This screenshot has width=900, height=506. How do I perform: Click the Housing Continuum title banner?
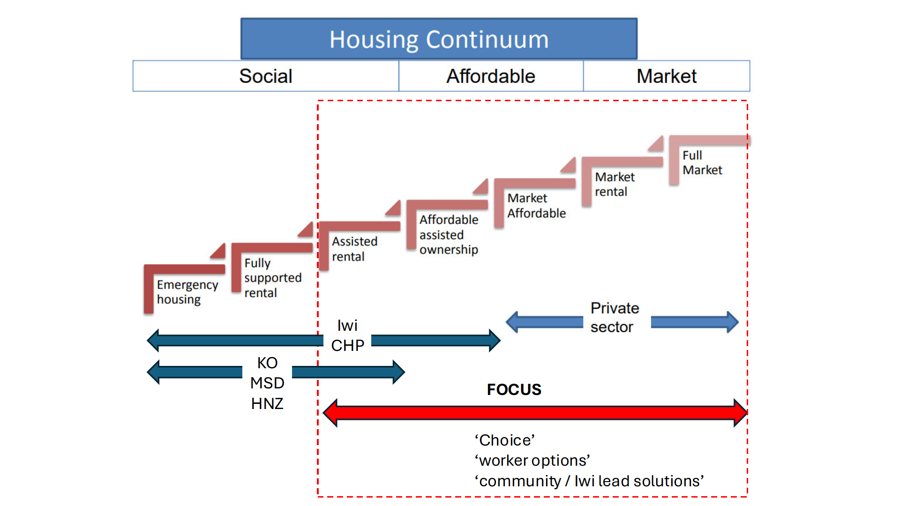tap(439, 39)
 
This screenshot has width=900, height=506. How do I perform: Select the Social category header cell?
tap(266, 76)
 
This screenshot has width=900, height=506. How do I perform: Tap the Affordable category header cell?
tap(491, 76)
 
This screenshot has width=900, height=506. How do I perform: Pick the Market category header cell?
tap(667, 76)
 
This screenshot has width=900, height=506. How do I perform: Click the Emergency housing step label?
tap(187, 292)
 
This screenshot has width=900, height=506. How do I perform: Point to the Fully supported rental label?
tap(272, 278)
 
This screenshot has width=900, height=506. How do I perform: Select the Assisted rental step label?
tap(354, 249)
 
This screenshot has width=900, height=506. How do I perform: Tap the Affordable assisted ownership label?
tap(449, 234)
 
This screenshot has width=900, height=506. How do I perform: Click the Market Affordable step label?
tap(536, 206)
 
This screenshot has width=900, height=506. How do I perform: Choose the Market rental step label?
tap(615, 184)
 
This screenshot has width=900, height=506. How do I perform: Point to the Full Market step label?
tap(702, 163)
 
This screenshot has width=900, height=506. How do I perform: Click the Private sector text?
tap(614, 317)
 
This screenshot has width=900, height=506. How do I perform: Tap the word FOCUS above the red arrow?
tap(514, 389)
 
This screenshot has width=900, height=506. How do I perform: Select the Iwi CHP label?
tap(347, 335)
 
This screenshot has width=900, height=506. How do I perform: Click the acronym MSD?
tap(267, 383)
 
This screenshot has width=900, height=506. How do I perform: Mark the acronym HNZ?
tap(267, 403)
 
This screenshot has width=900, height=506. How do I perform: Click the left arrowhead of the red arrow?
tap(331, 413)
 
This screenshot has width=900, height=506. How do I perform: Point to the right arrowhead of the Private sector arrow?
tap(732, 322)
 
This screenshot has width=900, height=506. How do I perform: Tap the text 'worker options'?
tap(532, 461)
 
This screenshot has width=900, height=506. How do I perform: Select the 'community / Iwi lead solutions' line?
tap(589, 481)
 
